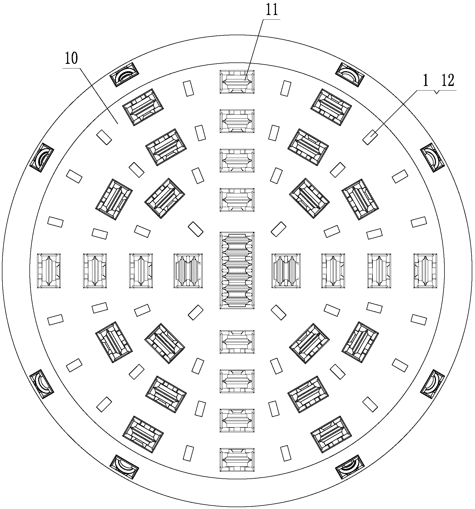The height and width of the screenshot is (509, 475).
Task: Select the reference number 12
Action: point(447,81)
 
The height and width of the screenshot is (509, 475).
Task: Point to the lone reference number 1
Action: point(426,81)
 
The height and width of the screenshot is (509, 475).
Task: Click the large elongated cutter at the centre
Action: point(237,271)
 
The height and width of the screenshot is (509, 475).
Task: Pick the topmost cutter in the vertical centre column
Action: point(237,82)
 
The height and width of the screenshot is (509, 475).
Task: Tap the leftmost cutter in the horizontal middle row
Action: point(49,271)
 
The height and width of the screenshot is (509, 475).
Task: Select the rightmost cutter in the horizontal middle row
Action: point(425,271)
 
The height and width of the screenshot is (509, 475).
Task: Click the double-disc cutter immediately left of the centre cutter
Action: point(188,271)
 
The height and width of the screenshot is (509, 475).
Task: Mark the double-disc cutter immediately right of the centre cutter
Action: point(286,271)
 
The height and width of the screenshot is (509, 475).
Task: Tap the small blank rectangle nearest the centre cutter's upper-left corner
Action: point(196,229)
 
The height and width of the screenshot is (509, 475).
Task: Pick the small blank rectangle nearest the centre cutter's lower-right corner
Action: point(278,312)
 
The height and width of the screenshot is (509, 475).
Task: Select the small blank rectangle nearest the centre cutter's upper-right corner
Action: point(278,229)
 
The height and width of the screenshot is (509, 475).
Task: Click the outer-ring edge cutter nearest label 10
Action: point(124,75)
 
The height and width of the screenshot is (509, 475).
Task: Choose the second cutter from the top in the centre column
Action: point(237,121)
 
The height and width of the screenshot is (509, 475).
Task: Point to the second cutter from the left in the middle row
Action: point(95,271)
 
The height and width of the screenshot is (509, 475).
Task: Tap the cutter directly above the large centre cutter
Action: point(237,200)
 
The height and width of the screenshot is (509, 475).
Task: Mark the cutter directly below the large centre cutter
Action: point(237,342)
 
